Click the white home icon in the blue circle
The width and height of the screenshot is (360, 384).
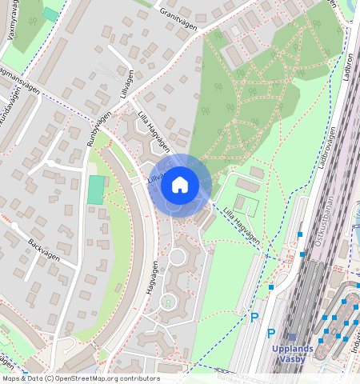point(180,186)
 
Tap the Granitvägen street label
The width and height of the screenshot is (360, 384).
point(178,14)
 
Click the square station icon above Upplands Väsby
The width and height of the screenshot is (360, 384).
point(292,338)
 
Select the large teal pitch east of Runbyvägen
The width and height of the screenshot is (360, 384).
point(96,190)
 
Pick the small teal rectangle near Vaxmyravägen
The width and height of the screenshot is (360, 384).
point(50,14)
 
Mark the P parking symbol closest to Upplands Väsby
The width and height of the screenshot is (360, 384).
point(271,333)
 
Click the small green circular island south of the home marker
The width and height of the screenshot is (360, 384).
point(168,302)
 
